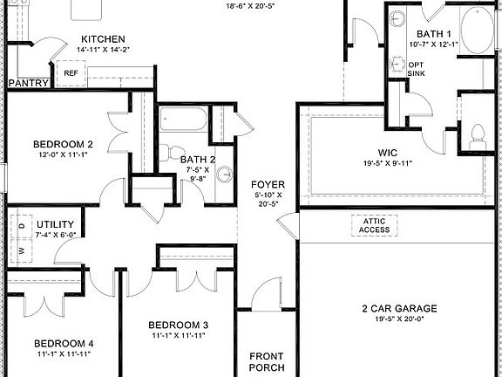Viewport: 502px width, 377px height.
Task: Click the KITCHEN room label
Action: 103,39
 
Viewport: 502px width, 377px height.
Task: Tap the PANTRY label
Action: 28,84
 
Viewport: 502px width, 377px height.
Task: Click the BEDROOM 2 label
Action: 63,144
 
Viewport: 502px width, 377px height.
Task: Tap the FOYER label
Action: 264,184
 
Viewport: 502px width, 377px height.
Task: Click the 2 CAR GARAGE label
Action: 399,308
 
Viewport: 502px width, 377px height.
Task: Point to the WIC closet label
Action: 388,152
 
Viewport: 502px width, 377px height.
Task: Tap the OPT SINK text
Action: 417,68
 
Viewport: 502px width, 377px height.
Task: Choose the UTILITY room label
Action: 55,223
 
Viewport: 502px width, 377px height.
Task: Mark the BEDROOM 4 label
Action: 63,343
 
